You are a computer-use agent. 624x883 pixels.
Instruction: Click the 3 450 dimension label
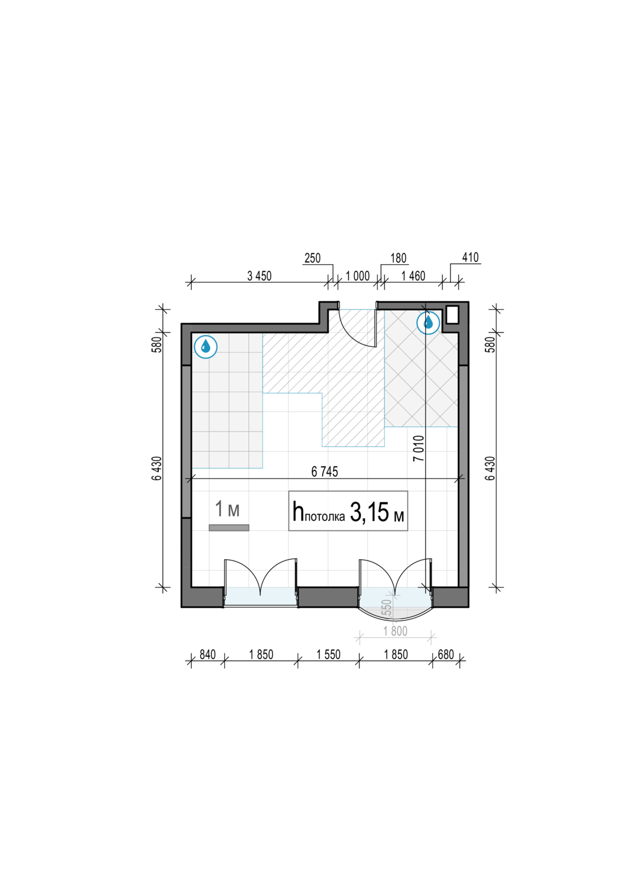click(x=259, y=276)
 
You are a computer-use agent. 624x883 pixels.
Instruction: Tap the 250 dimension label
click(x=313, y=258)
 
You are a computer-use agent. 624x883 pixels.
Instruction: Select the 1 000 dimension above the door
click(x=357, y=276)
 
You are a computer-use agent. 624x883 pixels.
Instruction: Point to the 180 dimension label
click(x=398, y=258)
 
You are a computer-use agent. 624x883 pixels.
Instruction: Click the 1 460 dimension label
click(x=413, y=276)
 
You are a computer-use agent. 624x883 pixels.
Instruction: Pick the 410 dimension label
click(x=470, y=257)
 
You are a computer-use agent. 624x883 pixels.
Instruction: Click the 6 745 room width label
click(x=324, y=472)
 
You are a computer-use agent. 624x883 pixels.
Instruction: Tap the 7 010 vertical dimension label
click(x=419, y=448)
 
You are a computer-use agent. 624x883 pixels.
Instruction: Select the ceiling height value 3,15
click(x=369, y=513)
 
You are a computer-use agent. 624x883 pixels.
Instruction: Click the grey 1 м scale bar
click(x=229, y=528)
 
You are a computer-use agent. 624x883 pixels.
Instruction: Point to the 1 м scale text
click(x=227, y=509)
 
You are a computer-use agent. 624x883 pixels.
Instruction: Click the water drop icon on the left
click(x=206, y=347)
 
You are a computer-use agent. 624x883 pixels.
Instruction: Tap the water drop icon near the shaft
click(x=428, y=323)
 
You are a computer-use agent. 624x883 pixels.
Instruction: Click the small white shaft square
click(x=452, y=315)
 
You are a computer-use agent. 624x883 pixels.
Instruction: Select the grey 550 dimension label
click(x=387, y=608)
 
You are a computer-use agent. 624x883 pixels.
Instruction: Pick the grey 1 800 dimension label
click(x=396, y=631)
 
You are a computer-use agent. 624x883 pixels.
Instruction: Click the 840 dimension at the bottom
click(x=208, y=655)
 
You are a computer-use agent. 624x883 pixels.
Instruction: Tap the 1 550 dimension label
click(x=328, y=655)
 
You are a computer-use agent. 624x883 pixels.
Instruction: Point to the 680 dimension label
click(x=446, y=655)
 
